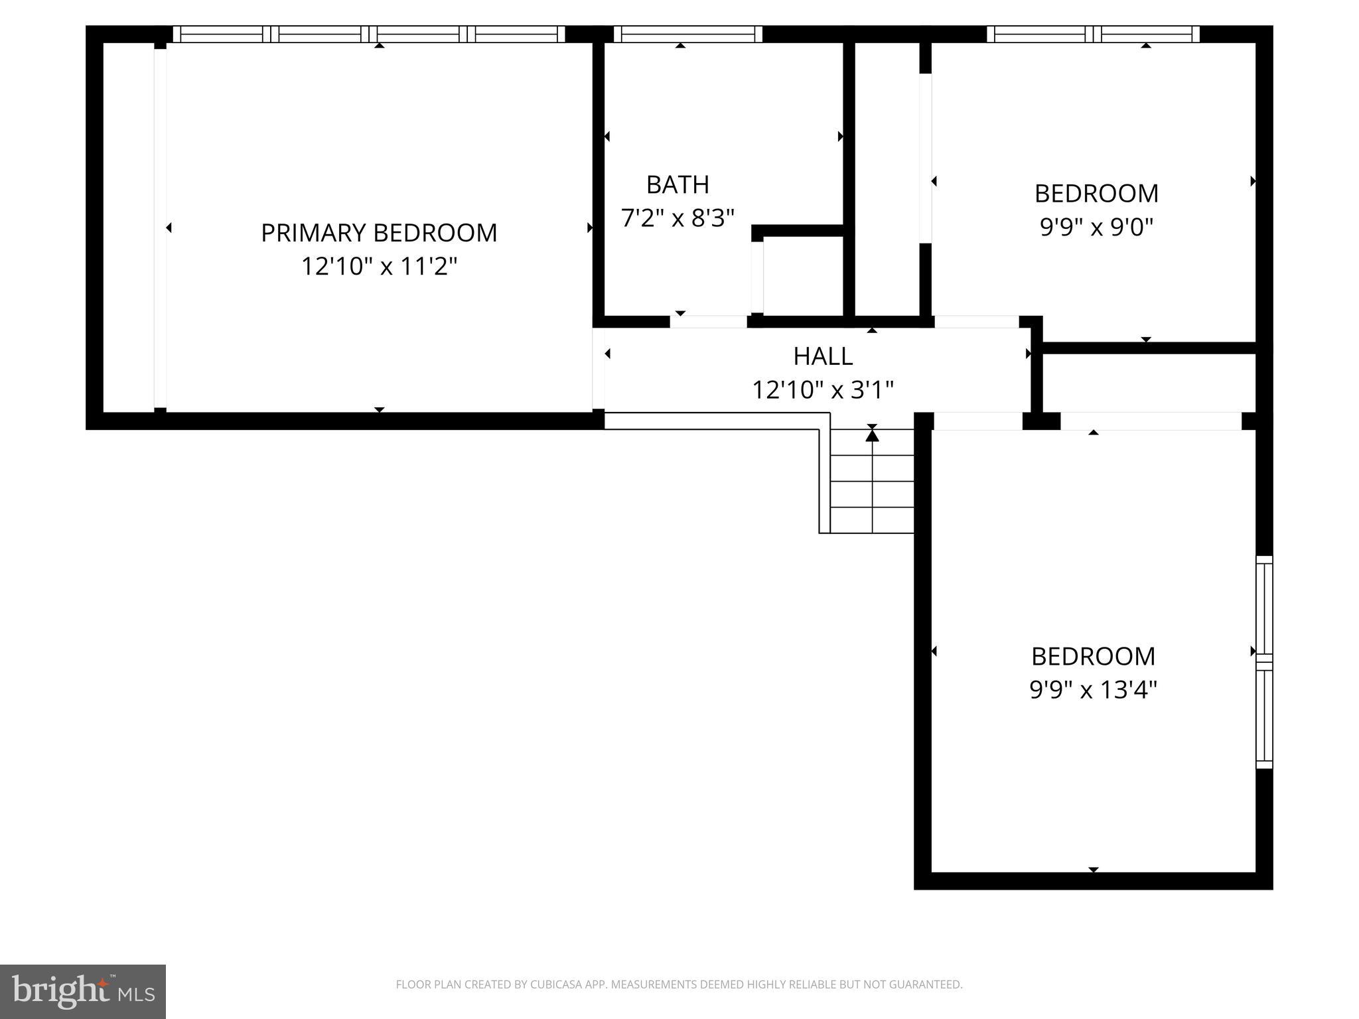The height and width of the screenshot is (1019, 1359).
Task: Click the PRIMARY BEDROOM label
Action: tap(378, 233)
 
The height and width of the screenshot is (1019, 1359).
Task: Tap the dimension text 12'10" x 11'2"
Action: tap(379, 267)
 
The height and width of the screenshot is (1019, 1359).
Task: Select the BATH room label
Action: tap(678, 184)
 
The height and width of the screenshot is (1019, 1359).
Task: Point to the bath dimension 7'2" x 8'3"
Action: tap(678, 218)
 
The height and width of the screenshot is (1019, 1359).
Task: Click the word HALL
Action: tap(823, 356)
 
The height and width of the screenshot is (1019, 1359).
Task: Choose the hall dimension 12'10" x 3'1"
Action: tap(823, 389)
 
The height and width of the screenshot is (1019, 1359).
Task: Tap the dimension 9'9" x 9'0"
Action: tap(1096, 227)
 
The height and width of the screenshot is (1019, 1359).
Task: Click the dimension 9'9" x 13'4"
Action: tap(1093, 690)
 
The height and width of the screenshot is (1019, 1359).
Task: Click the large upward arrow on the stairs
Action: tap(872, 435)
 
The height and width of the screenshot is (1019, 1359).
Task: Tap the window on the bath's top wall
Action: tap(687, 34)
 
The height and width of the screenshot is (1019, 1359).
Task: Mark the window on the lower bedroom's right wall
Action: tap(1264, 661)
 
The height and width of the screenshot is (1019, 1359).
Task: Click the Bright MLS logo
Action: tap(82, 991)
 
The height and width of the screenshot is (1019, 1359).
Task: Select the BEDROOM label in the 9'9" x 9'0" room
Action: tap(1096, 194)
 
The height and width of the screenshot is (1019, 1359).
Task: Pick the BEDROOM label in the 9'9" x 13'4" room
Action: tap(1093, 656)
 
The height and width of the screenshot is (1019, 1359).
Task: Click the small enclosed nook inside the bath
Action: tap(803, 275)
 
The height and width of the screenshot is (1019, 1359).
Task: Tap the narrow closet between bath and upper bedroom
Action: tap(887, 179)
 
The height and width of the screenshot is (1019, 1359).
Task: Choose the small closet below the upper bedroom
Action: tap(1149, 383)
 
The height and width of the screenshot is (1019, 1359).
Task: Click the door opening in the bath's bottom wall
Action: tap(708, 322)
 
